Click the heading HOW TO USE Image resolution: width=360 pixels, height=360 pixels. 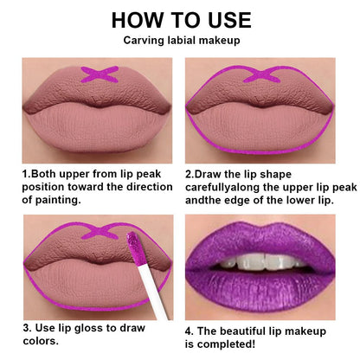(180, 20)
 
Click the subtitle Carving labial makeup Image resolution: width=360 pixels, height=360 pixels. (180, 42)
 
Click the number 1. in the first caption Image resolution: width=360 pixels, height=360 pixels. (27, 173)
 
